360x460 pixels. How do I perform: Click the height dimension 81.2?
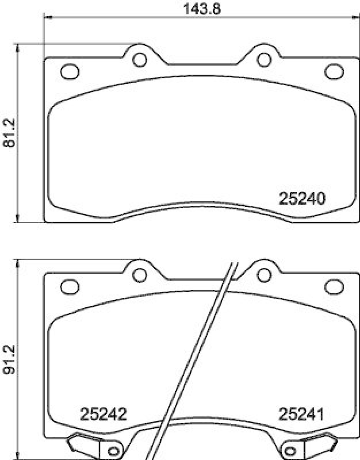pyautogui.click(x=8, y=133)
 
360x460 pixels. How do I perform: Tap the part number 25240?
pyautogui.click(x=302, y=198)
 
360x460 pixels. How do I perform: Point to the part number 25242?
pyautogui.click(x=104, y=413)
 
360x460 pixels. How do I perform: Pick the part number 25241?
pyautogui.click(x=302, y=413)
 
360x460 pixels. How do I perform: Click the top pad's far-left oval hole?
pyautogui.click(x=70, y=72)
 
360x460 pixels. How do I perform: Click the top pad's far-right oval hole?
pyautogui.click(x=334, y=72)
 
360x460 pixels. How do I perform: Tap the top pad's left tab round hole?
pyautogui.click(x=139, y=59)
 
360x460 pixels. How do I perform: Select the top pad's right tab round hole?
pyautogui.click(x=264, y=59)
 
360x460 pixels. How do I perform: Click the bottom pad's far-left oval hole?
pyautogui.click(x=70, y=286)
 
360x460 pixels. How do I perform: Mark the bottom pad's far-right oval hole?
pyautogui.click(x=334, y=286)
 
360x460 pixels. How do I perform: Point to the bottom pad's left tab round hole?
pyautogui.click(x=139, y=273)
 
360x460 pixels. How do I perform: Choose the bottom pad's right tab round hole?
pyautogui.click(x=264, y=273)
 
